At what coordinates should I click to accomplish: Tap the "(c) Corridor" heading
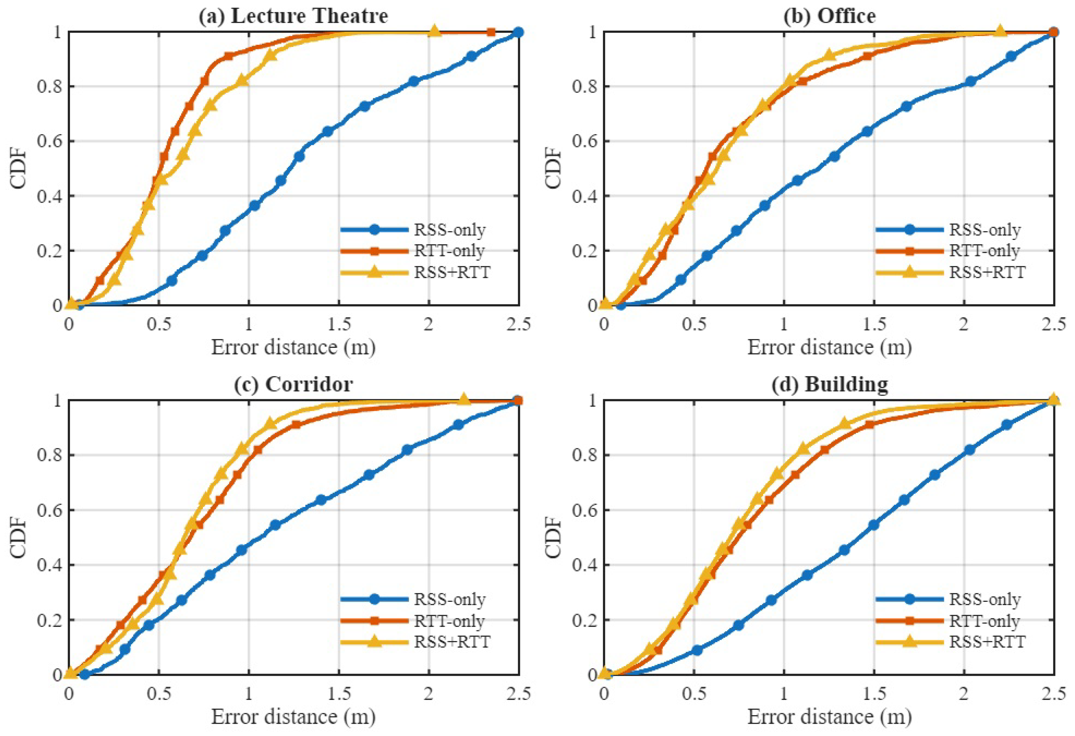point(293,384)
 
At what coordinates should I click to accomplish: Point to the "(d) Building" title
point(829,384)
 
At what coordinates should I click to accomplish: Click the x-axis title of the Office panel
point(829,347)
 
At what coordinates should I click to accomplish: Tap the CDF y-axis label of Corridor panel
point(19,538)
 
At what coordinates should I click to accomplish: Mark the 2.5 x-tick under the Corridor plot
point(518,694)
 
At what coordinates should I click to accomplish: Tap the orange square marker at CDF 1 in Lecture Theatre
point(491,32)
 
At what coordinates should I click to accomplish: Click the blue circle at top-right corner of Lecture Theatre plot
point(518,32)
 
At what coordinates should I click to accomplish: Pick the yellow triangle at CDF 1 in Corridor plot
point(463,399)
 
